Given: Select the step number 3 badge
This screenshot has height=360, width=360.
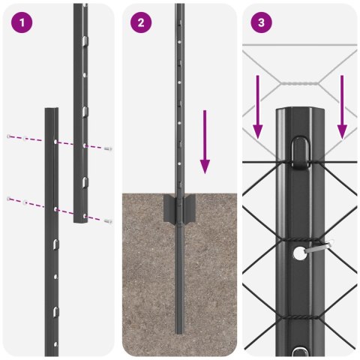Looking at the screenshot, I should (261, 22).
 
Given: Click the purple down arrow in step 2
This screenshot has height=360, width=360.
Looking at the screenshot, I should (205, 142).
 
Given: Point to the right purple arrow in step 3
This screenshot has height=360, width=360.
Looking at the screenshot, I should (342, 106).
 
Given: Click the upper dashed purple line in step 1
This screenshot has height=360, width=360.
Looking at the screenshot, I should (60, 141).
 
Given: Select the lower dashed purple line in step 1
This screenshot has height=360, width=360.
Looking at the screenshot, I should (60, 208).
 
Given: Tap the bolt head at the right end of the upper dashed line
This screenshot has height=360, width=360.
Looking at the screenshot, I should (109, 148).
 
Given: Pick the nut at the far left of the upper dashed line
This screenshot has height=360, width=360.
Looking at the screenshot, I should (9, 136).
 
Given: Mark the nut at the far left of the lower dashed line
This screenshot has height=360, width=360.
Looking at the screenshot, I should (9, 199).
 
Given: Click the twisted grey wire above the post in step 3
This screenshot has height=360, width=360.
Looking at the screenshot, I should (300, 83).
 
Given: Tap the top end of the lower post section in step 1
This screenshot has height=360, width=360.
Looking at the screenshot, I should (51, 111).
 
